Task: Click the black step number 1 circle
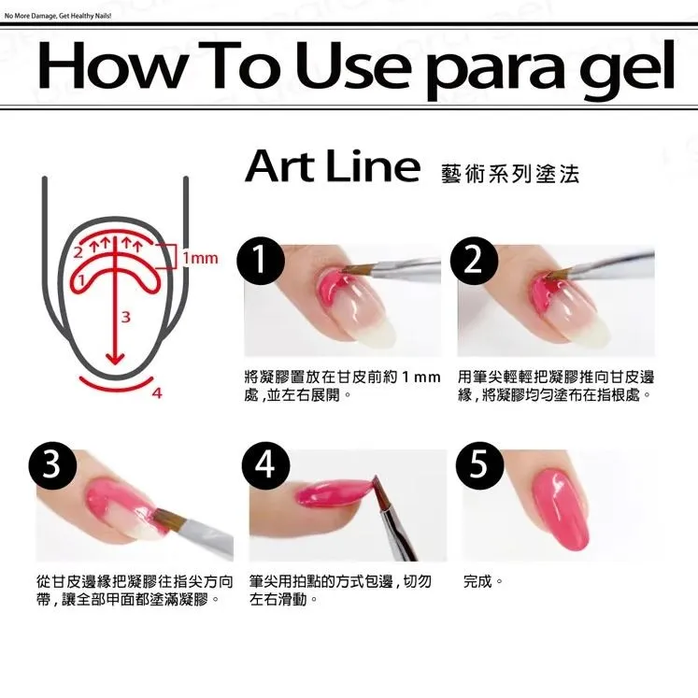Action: (x=261, y=261)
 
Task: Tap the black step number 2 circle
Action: (x=474, y=261)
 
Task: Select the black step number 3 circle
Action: (x=52, y=466)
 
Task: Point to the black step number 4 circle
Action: (x=265, y=466)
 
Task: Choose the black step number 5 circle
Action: (x=480, y=466)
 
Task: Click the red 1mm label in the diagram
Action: (x=200, y=258)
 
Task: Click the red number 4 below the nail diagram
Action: (x=157, y=393)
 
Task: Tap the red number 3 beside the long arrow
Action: (x=126, y=317)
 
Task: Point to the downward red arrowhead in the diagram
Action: (x=115, y=358)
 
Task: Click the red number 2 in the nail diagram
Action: (x=78, y=252)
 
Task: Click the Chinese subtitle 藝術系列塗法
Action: (x=510, y=174)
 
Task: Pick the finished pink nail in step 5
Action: (x=561, y=509)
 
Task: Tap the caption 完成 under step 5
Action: (x=477, y=581)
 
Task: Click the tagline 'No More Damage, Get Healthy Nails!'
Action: (x=57, y=16)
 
